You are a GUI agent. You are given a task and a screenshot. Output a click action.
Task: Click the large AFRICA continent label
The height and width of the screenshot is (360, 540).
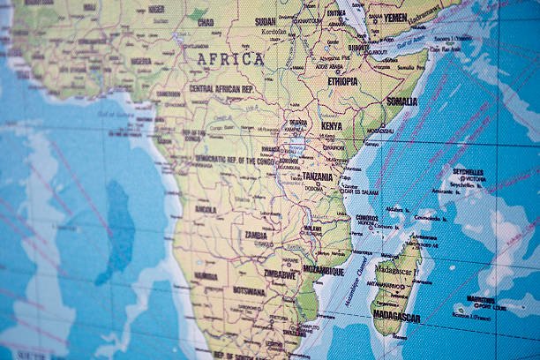coord(230,59)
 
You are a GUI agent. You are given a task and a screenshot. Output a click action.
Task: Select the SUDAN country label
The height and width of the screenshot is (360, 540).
coord(265,21)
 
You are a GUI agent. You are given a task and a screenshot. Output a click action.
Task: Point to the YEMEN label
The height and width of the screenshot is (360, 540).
coord(394,17)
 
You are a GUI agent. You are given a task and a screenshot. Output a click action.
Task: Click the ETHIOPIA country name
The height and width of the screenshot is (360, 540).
coord(342,81)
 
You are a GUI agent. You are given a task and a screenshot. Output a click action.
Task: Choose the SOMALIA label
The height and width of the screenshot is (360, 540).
coord(401,101)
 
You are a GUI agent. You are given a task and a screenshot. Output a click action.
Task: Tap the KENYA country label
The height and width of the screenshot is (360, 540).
coord(331,126)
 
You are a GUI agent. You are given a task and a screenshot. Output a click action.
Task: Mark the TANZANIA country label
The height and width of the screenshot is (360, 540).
coord(318,176)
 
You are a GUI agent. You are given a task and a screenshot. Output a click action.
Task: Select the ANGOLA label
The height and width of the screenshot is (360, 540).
coord(206,210)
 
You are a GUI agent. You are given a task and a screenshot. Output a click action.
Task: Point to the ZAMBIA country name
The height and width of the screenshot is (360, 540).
coord(256,236)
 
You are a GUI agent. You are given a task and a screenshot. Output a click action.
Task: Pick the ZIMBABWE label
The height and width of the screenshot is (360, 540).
coord(280,274)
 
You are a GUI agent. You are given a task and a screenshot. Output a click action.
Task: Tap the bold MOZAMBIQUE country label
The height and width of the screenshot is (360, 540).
coord(323,272)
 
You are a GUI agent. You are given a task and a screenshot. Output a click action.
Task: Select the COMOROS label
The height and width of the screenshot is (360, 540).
coord(367,217)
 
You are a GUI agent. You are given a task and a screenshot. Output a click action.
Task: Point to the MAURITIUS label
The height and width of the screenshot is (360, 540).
coord(481,298)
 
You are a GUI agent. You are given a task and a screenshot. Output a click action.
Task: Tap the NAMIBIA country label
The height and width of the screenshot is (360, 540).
coord(206,275)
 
